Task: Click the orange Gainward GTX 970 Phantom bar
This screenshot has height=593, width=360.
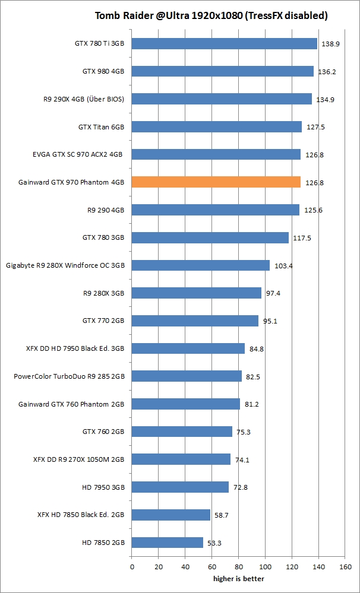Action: (x=216, y=182)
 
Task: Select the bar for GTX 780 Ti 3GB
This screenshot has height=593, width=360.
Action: (x=224, y=43)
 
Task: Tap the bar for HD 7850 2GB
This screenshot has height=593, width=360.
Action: (x=167, y=543)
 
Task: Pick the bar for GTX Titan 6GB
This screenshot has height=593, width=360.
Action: (x=216, y=127)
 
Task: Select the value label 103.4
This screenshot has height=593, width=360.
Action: (x=283, y=266)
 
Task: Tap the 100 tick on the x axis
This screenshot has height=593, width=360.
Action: (x=265, y=566)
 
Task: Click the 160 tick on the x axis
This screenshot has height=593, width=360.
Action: (x=345, y=566)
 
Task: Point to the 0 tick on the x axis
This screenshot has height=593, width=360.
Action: (x=132, y=566)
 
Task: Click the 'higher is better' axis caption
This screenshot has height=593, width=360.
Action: (x=239, y=579)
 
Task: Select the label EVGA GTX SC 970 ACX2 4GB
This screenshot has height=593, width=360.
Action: (x=78, y=154)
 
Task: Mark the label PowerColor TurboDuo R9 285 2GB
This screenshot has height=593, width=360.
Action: (x=69, y=376)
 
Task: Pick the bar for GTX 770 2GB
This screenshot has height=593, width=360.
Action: (x=195, y=321)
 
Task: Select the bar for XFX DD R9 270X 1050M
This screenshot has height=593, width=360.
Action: (x=181, y=459)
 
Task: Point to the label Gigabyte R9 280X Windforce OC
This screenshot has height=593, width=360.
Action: (x=65, y=265)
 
